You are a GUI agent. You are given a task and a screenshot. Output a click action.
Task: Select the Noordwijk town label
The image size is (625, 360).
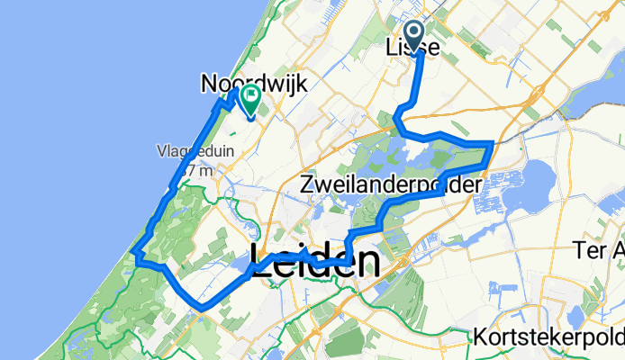254,84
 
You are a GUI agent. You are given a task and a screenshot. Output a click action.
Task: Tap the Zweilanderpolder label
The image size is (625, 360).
390,185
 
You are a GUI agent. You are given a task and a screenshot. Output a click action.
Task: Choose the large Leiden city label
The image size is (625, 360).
313,262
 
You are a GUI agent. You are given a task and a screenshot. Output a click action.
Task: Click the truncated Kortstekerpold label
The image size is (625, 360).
548,337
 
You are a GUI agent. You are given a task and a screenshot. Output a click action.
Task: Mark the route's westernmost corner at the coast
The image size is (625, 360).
134,253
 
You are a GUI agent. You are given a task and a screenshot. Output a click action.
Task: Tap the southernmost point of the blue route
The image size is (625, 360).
204,308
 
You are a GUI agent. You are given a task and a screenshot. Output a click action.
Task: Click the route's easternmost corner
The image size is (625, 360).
491,143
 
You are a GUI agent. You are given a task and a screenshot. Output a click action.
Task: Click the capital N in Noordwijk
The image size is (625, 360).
210,84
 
